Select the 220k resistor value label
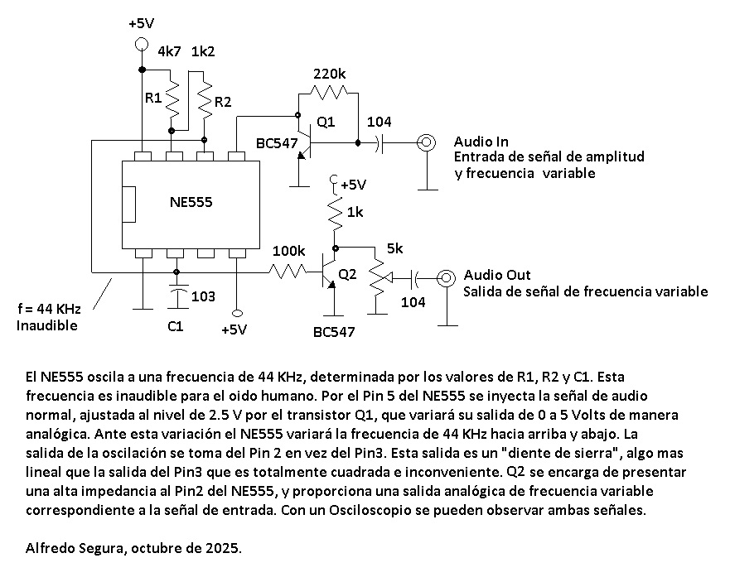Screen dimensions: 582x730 click(x=330, y=75)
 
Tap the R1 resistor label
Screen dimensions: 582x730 click(x=153, y=98)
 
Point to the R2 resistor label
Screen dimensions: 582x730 click(x=223, y=102)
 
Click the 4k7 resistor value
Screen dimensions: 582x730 click(x=169, y=51)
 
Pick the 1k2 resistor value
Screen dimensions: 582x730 click(x=204, y=51)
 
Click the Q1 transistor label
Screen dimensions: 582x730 click(x=326, y=122)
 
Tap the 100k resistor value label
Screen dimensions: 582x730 click(x=288, y=250)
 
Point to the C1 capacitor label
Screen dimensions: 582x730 click(x=175, y=327)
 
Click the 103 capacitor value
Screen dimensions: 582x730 click(x=203, y=296)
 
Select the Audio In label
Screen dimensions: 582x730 click(x=481, y=142)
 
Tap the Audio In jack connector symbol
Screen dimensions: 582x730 click(x=427, y=142)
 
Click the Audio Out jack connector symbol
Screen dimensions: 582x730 click(x=447, y=277)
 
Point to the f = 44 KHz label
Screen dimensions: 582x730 click(x=49, y=309)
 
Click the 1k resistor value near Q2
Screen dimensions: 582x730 click(x=355, y=213)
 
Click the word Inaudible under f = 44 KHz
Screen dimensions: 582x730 click(x=46, y=325)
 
